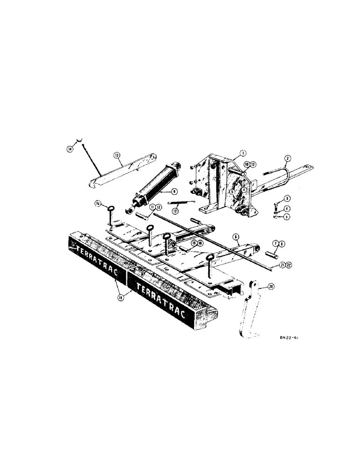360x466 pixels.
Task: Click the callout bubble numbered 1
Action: (x=242, y=153)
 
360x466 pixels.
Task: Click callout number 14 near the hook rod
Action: (x=70, y=148)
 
